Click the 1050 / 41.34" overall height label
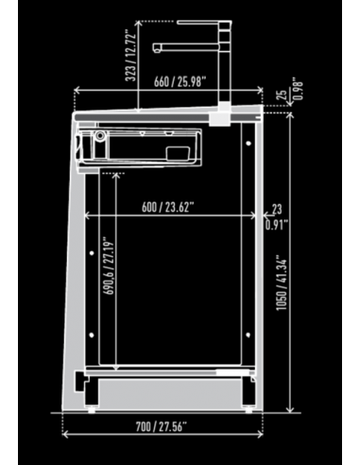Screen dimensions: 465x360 click(280, 284)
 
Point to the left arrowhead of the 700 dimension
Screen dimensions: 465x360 click(65, 436)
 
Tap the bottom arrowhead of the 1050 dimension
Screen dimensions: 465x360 click(288, 412)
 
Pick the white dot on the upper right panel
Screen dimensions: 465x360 click(249, 143)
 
